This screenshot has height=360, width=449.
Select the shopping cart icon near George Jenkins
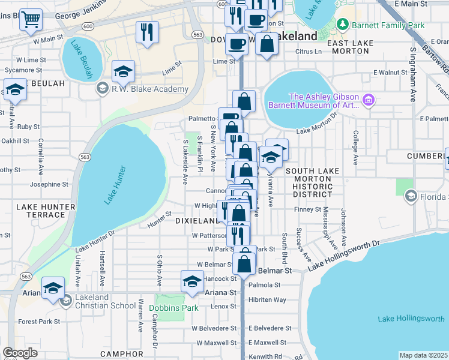(31, 20)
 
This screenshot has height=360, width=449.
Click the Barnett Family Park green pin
(343, 25)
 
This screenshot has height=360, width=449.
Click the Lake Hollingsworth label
(411, 319)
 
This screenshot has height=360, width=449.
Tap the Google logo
(20, 353)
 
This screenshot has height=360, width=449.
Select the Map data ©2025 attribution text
(424, 355)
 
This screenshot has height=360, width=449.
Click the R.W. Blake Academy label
(149, 89)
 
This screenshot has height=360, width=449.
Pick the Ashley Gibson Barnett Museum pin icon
(368, 99)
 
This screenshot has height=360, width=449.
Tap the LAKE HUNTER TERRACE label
(46, 211)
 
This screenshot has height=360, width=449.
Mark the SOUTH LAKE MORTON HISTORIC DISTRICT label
(309, 182)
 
